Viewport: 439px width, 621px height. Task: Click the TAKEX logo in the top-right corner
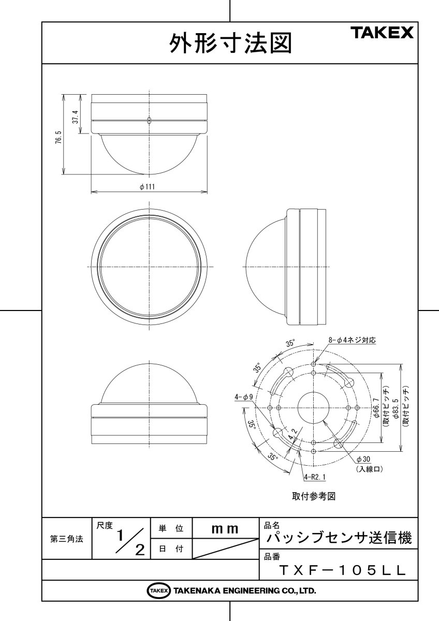point(383,34)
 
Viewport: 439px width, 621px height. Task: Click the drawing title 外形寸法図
point(230,44)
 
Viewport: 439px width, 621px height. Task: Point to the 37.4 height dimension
point(76,117)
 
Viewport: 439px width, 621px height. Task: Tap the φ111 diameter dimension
point(149,187)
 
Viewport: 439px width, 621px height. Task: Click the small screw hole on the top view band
point(149,121)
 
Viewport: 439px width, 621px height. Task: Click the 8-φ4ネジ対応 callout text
point(352,340)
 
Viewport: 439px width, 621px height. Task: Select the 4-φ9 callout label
point(243,397)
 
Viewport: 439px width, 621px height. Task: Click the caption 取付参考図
point(314,496)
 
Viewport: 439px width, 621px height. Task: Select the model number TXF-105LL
point(342,570)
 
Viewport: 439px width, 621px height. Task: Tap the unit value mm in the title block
point(225,529)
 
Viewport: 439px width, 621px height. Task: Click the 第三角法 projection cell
point(66,539)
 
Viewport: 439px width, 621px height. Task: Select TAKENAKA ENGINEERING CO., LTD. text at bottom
point(244,590)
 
